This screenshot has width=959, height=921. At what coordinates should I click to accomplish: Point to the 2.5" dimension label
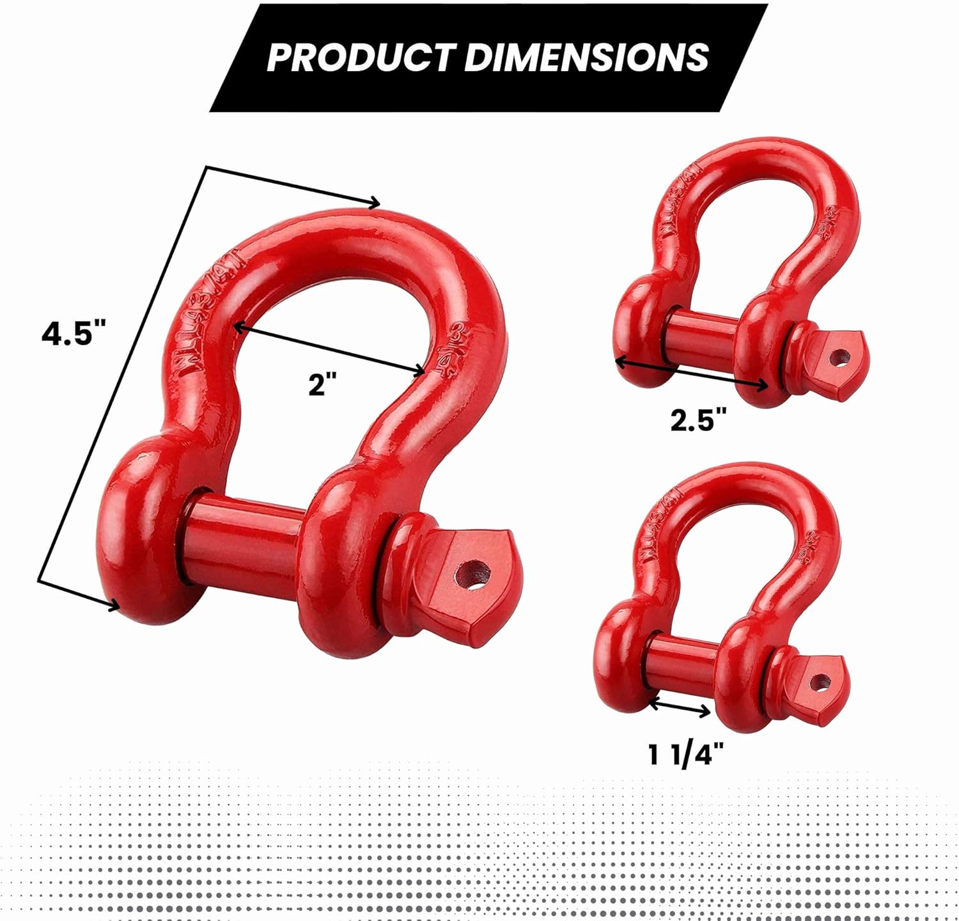coord(699,420)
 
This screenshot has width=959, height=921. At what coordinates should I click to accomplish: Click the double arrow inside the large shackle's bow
coord(328,349)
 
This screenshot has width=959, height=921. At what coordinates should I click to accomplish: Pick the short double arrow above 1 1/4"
coord(680,707)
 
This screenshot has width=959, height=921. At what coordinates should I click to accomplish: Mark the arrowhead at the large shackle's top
coord(375,203)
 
